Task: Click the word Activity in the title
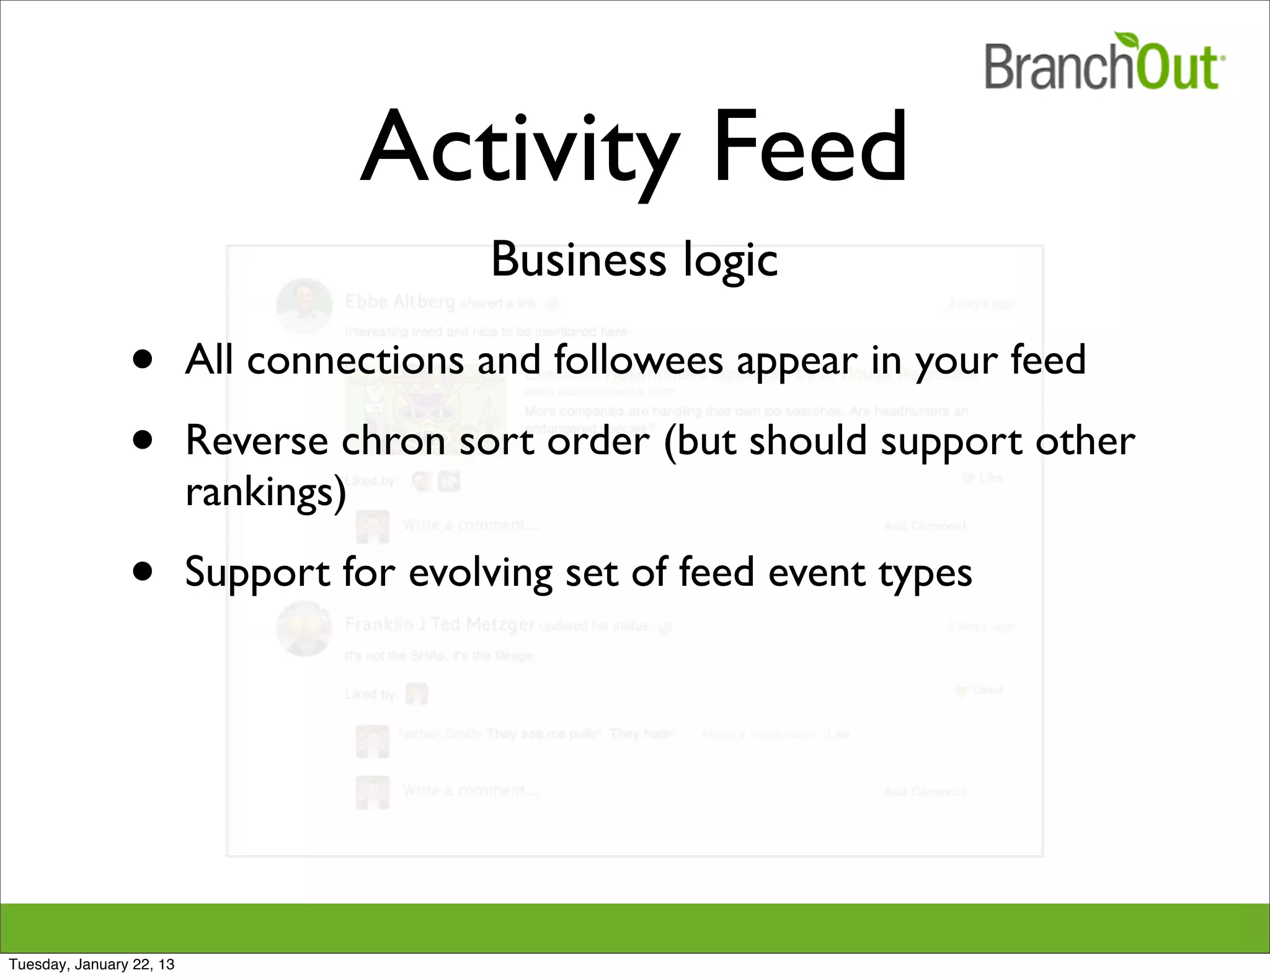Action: point(518,149)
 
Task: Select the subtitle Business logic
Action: point(634,260)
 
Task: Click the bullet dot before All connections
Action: point(143,359)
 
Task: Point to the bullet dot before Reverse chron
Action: point(143,440)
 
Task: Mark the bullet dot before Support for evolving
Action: point(143,571)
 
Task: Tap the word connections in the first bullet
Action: point(355,361)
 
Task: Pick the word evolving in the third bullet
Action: point(480,573)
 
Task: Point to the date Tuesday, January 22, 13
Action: point(92,964)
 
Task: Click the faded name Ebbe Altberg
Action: point(400,302)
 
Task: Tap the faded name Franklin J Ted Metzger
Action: point(440,624)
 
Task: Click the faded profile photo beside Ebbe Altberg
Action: point(304,305)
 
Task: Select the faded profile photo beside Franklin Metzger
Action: point(304,628)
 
